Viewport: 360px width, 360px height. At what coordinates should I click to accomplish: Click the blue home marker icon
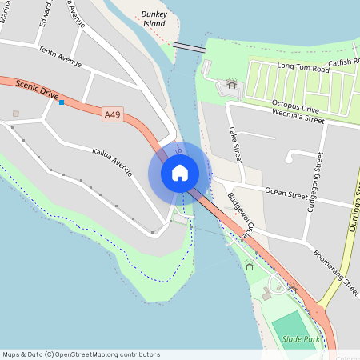pyautogui.click(x=180, y=173)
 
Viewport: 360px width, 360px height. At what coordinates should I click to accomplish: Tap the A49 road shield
pyautogui.click(x=112, y=116)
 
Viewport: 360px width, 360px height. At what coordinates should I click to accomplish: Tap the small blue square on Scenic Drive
pyautogui.click(x=61, y=102)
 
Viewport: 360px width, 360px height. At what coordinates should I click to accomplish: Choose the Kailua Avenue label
pyautogui.click(x=112, y=152)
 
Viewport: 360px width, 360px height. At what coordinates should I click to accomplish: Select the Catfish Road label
pyautogui.click(x=344, y=61)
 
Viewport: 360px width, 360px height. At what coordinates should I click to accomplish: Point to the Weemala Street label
pyautogui.click(x=298, y=119)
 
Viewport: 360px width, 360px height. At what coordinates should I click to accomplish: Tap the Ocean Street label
pyautogui.click(x=286, y=194)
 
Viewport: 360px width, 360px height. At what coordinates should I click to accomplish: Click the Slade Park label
pyautogui.click(x=300, y=340)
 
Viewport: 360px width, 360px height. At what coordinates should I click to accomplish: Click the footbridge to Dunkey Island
pyautogui.click(x=190, y=48)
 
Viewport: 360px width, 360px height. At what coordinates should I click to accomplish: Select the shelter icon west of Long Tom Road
pyautogui.click(x=232, y=82)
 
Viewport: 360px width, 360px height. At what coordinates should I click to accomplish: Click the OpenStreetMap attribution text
pyautogui.click(x=80, y=354)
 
